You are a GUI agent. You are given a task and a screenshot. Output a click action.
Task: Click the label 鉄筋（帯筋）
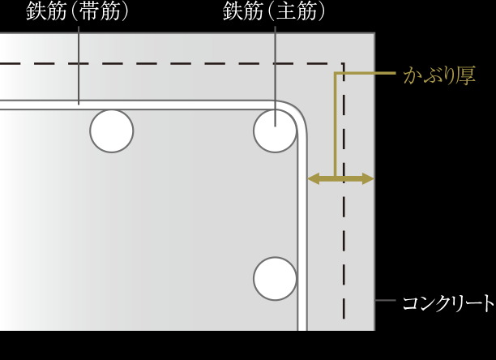(78, 11)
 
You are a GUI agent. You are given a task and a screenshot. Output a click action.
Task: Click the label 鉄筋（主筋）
(274, 11)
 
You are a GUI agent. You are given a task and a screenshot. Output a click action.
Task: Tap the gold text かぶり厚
(439, 75)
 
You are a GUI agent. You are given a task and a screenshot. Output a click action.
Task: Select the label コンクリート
(448, 303)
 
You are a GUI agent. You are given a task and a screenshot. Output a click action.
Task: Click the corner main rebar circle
(275, 131)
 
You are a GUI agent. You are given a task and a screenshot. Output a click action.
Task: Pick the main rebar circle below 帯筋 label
(112, 131)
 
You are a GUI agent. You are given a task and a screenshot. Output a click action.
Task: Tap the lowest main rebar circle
(275, 279)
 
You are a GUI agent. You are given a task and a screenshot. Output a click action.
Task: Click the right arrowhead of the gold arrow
(368, 178)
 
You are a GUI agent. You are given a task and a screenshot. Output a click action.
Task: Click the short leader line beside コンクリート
(386, 300)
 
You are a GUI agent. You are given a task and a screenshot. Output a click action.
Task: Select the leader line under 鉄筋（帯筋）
(79, 65)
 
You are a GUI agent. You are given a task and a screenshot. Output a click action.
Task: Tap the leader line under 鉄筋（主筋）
(276, 76)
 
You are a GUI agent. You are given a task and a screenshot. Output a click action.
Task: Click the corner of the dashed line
(344, 63)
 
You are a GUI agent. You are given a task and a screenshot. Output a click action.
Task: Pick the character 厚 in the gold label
(466, 75)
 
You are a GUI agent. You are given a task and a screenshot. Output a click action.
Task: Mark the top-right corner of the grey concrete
(374, 33)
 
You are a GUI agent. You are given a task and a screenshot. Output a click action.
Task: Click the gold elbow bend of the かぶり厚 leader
(336, 74)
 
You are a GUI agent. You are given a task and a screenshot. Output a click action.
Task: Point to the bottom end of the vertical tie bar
(302, 330)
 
